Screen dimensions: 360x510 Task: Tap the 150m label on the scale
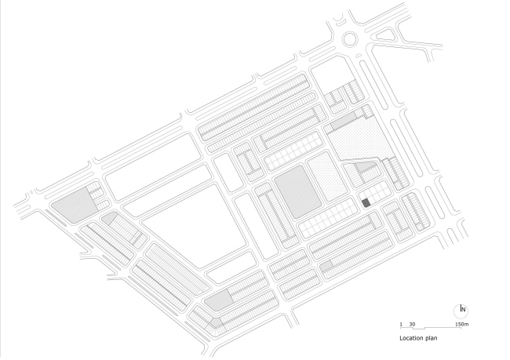point(461,324)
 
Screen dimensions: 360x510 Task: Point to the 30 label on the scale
point(412,324)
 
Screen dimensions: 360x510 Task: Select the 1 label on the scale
point(400,324)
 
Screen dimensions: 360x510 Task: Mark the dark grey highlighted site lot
point(366,203)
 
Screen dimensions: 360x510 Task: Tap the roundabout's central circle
point(350,38)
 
